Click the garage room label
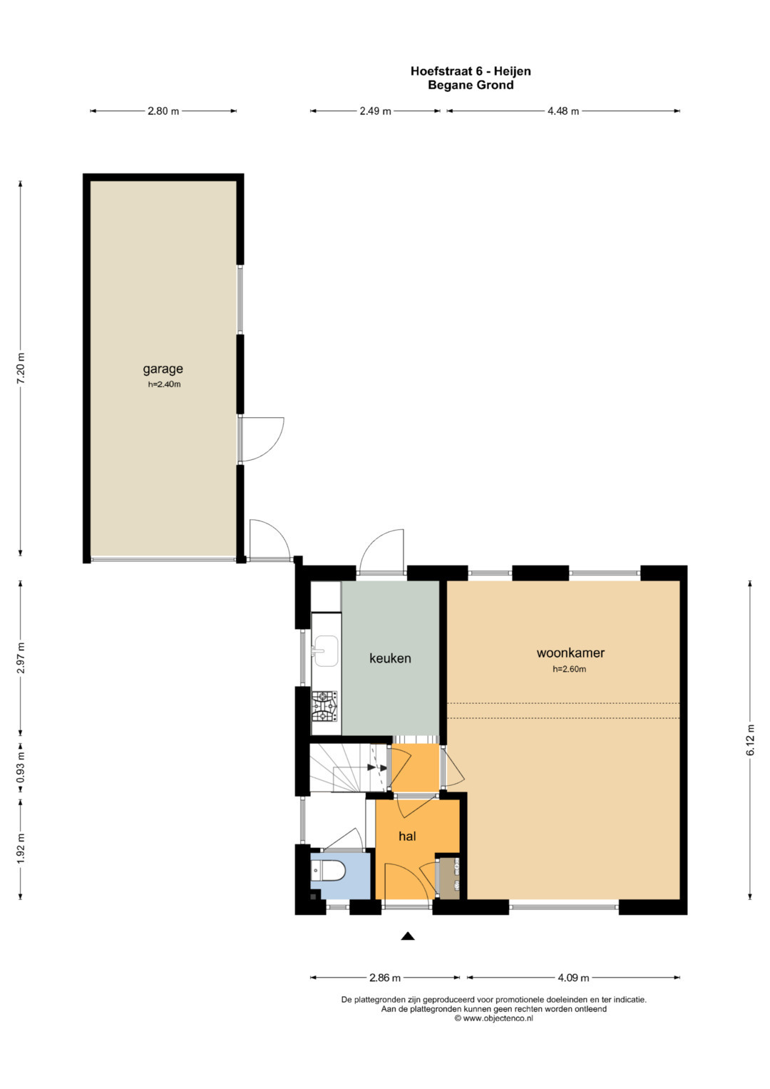coord(163,369)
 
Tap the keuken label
coord(390,658)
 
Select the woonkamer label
coord(570,653)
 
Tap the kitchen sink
coord(326,651)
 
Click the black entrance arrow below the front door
coord(407,936)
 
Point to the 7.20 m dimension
coord(21,368)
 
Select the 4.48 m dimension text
coord(563,111)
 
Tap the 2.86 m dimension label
coord(384,977)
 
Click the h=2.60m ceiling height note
coord(569,669)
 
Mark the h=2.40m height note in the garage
coord(164,384)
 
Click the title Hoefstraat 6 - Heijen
coord(471,71)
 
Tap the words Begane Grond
coord(471,85)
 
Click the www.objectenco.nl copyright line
coord(493,1018)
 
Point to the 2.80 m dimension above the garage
coord(163,111)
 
